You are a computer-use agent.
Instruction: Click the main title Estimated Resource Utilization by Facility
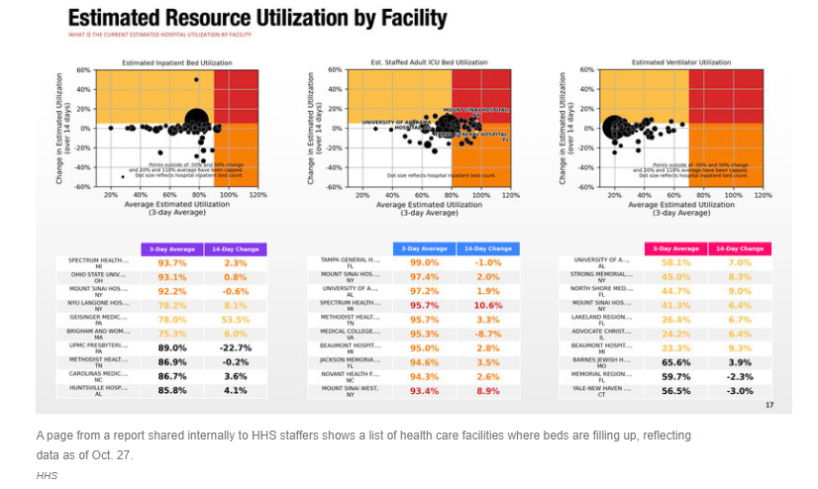pos(256,19)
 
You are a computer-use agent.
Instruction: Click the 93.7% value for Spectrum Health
pos(173,262)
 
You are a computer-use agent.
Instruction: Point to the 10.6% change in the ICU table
pos(488,306)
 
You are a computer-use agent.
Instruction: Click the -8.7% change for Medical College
pos(488,335)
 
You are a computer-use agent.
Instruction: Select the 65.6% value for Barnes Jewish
pos(676,363)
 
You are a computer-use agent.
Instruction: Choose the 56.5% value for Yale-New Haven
pos(676,391)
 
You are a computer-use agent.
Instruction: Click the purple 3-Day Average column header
pos(172,247)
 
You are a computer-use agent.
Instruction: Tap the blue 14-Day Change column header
pos(488,247)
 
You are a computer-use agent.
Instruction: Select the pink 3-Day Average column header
pos(675,247)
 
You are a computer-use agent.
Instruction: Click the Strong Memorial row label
pos(601,278)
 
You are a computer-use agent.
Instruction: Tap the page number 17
pos(769,405)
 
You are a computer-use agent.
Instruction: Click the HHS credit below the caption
pos(47,476)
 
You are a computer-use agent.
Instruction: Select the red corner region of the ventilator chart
pos(733,96)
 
